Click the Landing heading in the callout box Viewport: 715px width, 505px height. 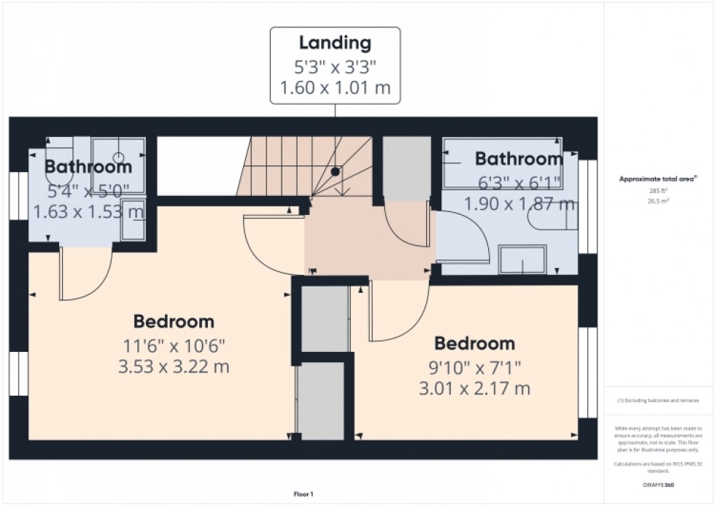pyautogui.click(x=335, y=43)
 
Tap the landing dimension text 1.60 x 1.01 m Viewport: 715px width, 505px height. pyautogui.click(x=335, y=89)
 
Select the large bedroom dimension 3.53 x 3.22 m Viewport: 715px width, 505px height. pyautogui.click(x=174, y=366)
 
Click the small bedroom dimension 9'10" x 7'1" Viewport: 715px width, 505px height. pyautogui.click(x=475, y=367)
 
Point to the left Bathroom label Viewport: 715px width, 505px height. pyautogui.click(x=88, y=167)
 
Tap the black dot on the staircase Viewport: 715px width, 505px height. pyautogui.click(x=335, y=171)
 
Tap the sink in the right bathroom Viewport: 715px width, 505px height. pyautogui.click(x=522, y=259)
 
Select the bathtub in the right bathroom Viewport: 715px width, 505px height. pyautogui.click(x=503, y=164)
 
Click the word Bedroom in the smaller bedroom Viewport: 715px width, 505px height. pyautogui.click(x=475, y=343)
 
